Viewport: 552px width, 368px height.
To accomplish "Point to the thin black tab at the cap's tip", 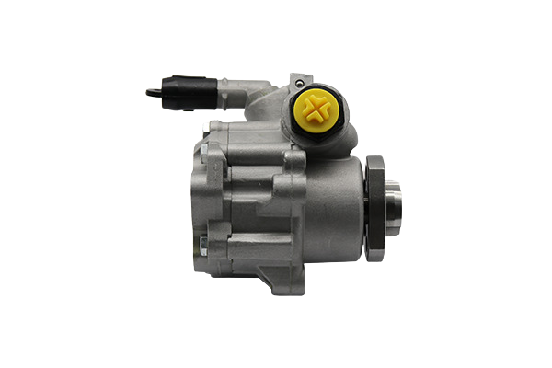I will [x=153, y=91].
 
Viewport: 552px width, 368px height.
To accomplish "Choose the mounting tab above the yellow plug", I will [x=298, y=80].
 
